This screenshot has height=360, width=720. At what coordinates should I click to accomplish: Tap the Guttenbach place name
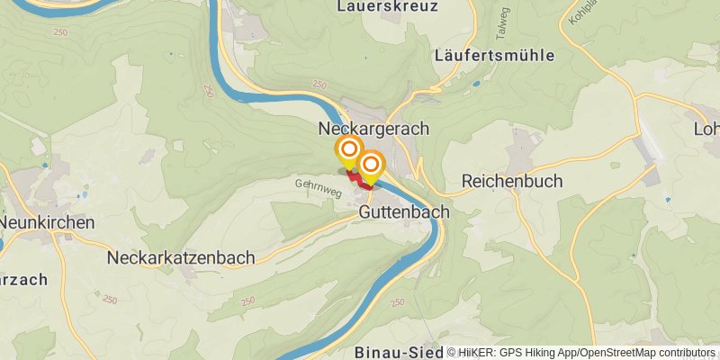tap(404, 213)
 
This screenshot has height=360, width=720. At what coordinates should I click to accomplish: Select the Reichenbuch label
tap(512, 181)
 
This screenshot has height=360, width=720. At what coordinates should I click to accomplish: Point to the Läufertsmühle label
tap(494, 55)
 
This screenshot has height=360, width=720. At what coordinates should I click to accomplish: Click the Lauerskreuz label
tap(387, 6)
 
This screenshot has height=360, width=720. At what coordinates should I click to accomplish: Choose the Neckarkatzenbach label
tap(180, 257)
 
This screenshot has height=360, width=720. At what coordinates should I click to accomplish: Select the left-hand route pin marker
tap(348, 150)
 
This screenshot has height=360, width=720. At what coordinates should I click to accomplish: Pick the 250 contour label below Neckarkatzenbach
tap(110, 300)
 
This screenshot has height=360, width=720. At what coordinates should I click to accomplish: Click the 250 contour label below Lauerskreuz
tap(319, 84)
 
